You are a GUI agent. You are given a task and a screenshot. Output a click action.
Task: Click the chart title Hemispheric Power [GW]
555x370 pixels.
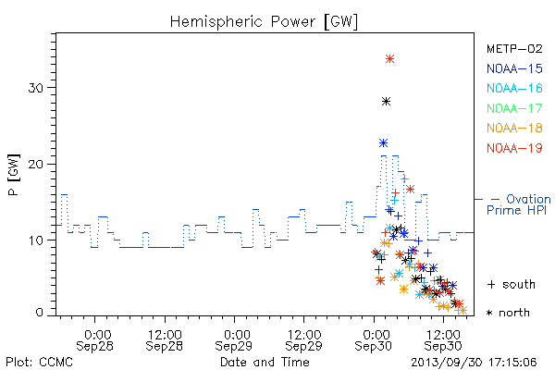coord(264,21)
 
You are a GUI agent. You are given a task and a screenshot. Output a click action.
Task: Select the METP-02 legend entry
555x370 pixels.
coord(514,48)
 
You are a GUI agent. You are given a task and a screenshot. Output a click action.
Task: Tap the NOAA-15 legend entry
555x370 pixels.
coord(514,68)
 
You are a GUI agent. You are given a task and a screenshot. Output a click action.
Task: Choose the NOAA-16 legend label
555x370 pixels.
coord(514,88)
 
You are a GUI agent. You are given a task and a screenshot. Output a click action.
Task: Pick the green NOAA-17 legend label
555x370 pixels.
coord(514,108)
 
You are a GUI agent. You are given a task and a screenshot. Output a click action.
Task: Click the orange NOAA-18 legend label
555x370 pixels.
coord(514,128)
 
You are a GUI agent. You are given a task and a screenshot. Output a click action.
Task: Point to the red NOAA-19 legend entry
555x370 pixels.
coord(514,148)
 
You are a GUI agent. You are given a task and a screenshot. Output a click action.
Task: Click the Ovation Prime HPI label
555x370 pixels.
coord(519,204)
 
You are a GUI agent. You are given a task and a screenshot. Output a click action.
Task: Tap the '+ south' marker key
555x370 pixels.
coord(512,284)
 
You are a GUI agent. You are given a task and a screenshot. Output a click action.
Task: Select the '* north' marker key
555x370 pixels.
coord(508,313)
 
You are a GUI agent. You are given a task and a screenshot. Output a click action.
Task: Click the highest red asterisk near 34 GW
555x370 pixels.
coord(389,59)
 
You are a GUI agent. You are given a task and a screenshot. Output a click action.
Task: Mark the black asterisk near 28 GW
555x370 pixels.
coord(386,102)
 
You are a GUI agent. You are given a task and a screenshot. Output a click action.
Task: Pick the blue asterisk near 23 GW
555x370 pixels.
coord(383,143)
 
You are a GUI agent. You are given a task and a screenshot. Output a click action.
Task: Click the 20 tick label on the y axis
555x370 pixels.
coord(36,165)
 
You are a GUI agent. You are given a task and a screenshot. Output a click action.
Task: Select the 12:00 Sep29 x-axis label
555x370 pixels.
coord(304,340)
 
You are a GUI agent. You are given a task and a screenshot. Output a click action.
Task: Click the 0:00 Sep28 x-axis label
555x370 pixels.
coord(94,340)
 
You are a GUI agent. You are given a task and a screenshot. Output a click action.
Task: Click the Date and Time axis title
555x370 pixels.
coord(265,362)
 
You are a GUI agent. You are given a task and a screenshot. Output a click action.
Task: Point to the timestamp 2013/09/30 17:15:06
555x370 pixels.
coord(474,363)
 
